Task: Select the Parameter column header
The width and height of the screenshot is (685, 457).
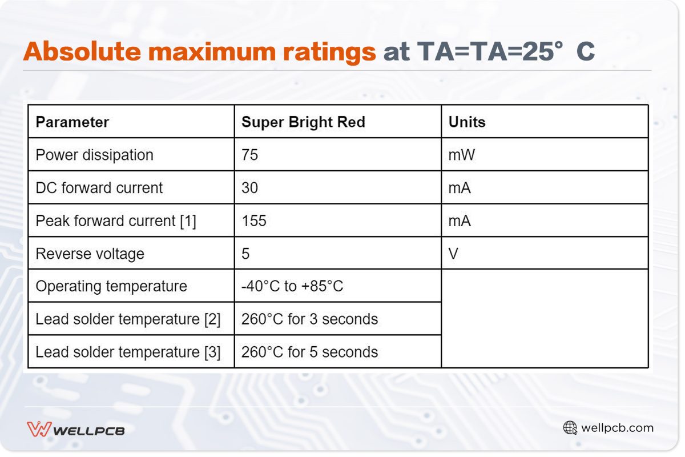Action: click(x=72, y=122)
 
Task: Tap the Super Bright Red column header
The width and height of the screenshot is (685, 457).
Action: click(x=303, y=122)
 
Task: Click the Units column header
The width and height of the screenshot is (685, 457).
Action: click(x=467, y=122)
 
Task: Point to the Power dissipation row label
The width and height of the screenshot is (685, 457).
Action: click(x=95, y=155)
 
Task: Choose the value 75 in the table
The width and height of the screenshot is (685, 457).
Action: click(x=250, y=155)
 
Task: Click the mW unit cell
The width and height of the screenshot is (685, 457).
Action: click(x=461, y=155)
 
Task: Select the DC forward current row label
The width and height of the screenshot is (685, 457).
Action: click(x=99, y=188)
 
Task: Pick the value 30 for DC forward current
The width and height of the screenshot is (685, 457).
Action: click(x=250, y=188)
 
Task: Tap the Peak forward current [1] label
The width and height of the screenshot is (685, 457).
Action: click(x=116, y=221)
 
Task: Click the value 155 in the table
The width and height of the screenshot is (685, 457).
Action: click(x=254, y=221)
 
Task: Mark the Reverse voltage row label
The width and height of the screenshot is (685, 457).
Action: click(x=90, y=254)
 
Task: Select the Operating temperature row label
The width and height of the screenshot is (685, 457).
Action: click(x=111, y=286)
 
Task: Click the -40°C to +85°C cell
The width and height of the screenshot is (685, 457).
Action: click(x=292, y=286)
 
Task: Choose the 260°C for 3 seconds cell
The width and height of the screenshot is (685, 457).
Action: click(x=309, y=319)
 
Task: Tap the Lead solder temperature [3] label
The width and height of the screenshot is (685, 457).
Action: click(x=128, y=352)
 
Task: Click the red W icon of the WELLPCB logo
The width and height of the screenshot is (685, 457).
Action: click(x=39, y=429)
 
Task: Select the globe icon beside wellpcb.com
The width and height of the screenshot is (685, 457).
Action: click(x=570, y=428)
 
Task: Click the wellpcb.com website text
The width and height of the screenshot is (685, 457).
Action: click(x=617, y=428)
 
